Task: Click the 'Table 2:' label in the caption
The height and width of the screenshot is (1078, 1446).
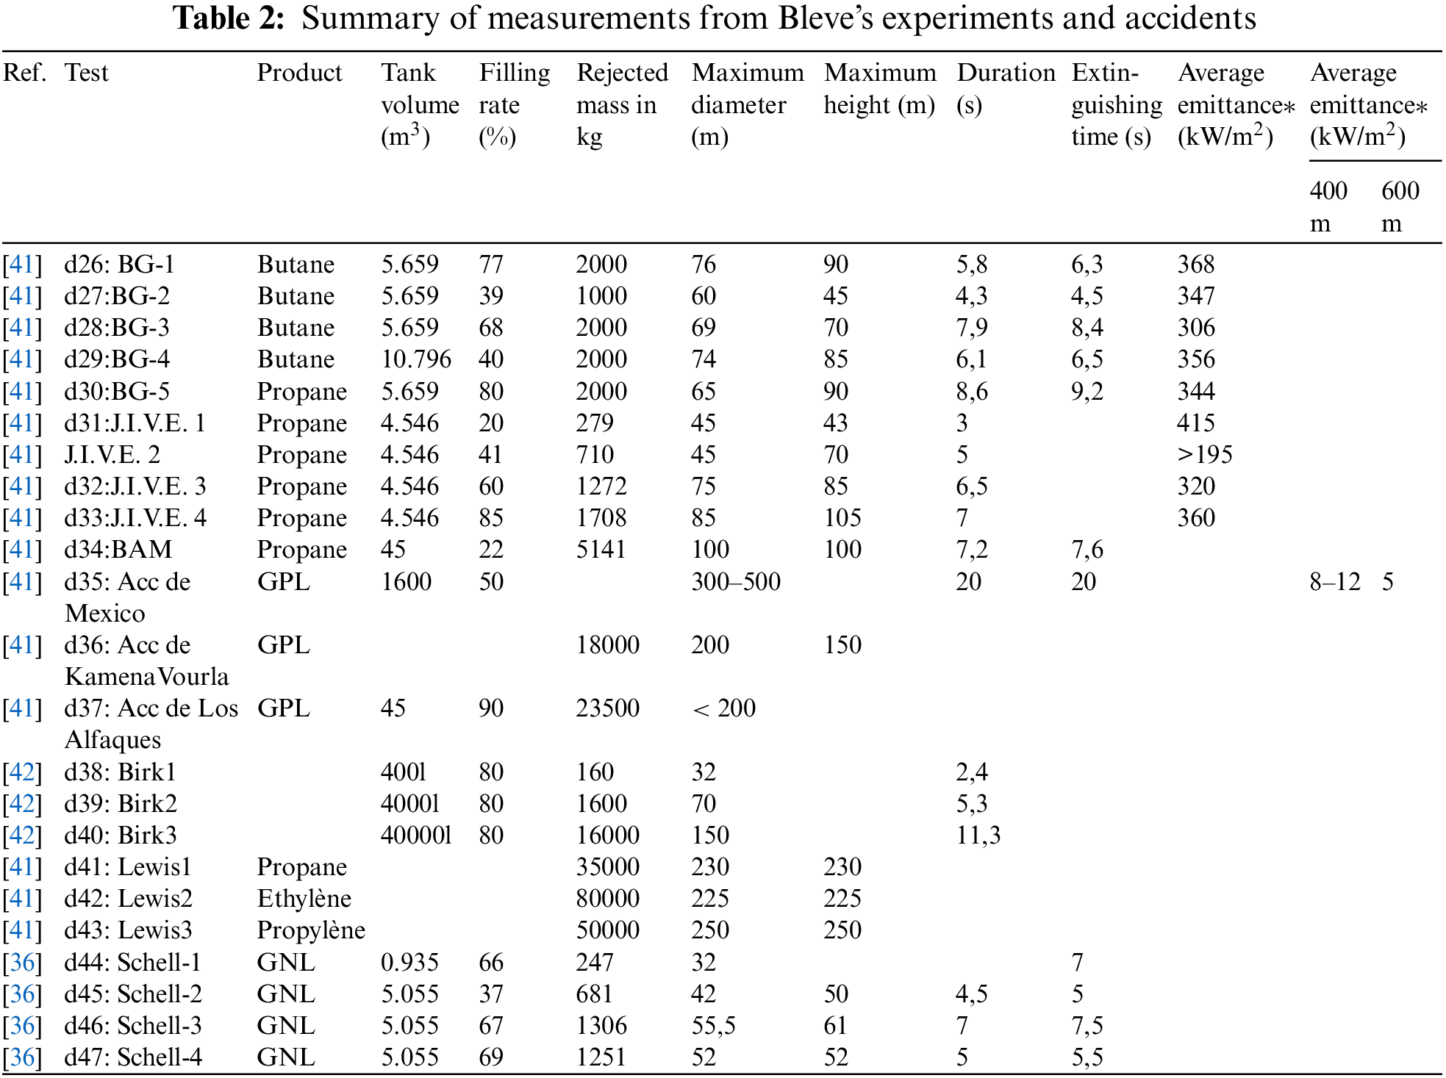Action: [228, 18]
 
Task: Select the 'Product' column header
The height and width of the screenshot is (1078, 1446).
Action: [299, 73]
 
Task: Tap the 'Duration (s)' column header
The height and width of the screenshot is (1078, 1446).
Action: [1005, 88]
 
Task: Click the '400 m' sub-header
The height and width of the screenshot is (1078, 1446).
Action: [1328, 206]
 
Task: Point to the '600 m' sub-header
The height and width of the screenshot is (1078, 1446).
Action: [1400, 206]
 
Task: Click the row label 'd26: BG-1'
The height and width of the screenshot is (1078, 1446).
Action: [119, 265]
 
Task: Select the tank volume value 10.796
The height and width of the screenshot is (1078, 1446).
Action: [416, 359]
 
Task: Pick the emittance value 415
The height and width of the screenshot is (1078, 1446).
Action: [1196, 423]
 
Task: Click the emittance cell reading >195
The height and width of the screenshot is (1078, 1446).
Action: [1204, 455]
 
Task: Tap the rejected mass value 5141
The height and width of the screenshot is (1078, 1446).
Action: [601, 550]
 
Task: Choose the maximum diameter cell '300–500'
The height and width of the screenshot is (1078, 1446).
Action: [735, 582]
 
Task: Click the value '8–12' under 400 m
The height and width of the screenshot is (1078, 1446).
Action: [1334, 582]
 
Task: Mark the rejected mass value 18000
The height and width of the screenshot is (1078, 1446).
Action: [607, 645]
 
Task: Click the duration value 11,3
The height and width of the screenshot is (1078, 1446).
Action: [978, 836]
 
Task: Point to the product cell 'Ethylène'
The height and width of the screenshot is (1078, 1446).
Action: [304, 899]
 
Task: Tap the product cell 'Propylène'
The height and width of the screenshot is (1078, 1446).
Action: [310, 930]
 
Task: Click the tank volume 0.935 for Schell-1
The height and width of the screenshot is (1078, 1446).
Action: [409, 963]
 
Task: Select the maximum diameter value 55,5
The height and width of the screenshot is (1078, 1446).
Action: [713, 1026]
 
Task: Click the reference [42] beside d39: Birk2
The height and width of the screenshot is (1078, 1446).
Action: [22, 804]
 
